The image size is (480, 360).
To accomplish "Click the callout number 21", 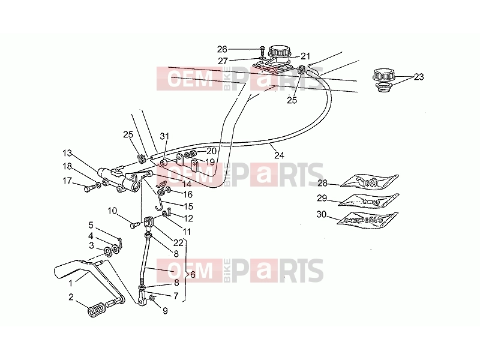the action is [x=305, y=56].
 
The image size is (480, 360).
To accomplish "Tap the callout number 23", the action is [x=419, y=77].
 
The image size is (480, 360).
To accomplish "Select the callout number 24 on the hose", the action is [x=279, y=155].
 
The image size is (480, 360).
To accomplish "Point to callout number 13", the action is [x=67, y=153].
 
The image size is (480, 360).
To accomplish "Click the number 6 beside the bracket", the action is [x=193, y=274].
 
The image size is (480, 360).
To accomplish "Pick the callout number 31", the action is [x=164, y=136].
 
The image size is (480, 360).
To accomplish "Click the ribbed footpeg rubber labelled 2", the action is [x=96, y=310].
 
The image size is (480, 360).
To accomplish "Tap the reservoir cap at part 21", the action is [x=279, y=50].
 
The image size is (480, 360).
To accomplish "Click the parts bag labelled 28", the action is [x=370, y=181].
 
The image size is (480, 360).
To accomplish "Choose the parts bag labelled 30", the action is [x=367, y=220].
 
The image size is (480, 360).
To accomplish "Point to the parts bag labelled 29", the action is [x=368, y=200].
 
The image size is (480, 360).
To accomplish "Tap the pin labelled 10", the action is [x=135, y=225].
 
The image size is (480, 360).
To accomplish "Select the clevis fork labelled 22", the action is [x=149, y=223].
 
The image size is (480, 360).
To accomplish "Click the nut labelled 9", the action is [x=152, y=298].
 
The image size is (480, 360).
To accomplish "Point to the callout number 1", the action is [x=70, y=283].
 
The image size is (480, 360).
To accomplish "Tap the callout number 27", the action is [x=223, y=61].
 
